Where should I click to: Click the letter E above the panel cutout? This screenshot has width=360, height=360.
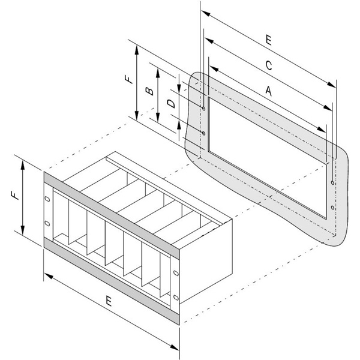click(x=269, y=40)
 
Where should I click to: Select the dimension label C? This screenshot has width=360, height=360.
click(x=269, y=65)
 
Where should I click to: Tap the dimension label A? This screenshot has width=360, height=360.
click(x=269, y=91)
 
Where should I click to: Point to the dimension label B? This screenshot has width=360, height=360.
click(x=149, y=91)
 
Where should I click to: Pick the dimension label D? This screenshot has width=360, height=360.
click(x=171, y=104)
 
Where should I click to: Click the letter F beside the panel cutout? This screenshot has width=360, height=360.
click(x=129, y=79)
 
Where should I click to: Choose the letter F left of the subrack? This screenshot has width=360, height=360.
click(x=14, y=196)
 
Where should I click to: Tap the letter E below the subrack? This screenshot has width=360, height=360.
click(x=109, y=301)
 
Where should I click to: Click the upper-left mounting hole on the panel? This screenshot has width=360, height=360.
click(x=203, y=109)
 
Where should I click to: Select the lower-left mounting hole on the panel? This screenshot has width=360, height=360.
click(x=203, y=133)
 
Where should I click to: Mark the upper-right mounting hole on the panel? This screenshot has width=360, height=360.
click(x=332, y=183)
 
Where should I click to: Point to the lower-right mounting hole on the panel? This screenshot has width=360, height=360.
click(x=332, y=208)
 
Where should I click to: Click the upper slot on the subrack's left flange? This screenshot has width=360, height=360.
click(x=47, y=199)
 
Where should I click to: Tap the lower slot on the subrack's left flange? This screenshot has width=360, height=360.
click(x=47, y=223)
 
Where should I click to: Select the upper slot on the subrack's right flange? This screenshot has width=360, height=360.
click(x=176, y=273)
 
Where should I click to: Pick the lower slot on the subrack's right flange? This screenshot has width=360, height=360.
click(x=176, y=298)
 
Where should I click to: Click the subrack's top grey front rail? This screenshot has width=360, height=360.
click(x=112, y=215)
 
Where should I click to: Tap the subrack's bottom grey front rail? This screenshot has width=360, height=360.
click(x=112, y=281)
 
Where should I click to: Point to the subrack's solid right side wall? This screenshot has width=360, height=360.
click(x=206, y=261)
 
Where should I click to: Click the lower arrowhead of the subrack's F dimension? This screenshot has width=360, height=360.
click(x=23, y=230)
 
